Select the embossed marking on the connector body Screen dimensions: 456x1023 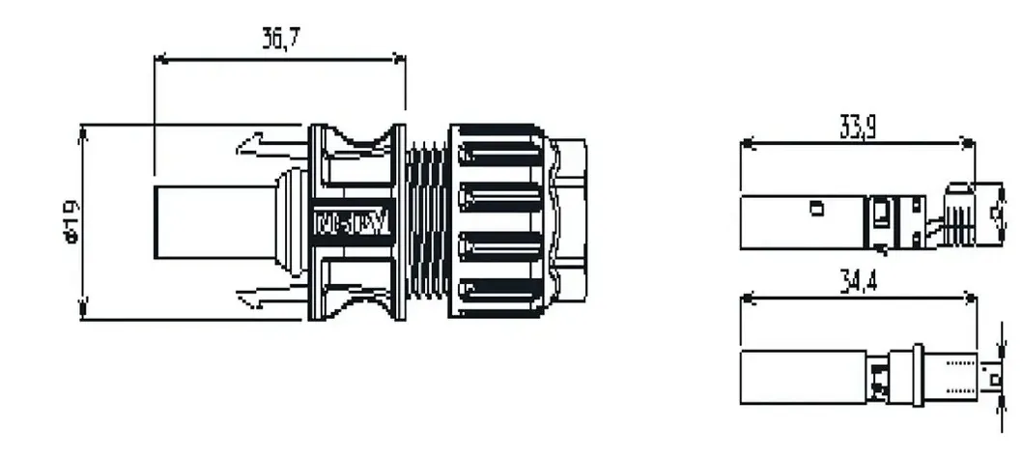(353, 222)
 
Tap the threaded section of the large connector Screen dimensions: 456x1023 (426, 222)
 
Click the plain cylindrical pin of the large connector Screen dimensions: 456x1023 (203, 221)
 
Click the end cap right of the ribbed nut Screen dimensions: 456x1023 (572, 221)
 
